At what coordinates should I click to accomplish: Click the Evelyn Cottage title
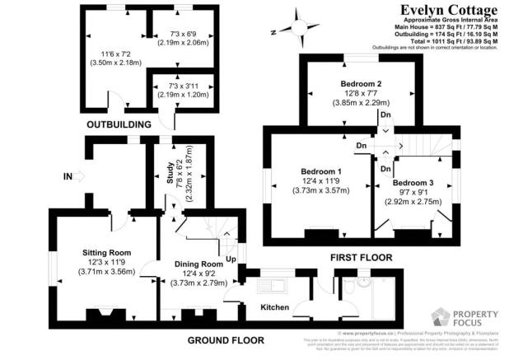click(449, 10)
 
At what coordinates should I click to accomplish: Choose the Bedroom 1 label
click(320, 171)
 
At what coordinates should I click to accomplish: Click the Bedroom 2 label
click(360, 84)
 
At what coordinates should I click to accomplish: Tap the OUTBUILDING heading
click(119, 124)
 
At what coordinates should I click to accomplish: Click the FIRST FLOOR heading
click(361, 258)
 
